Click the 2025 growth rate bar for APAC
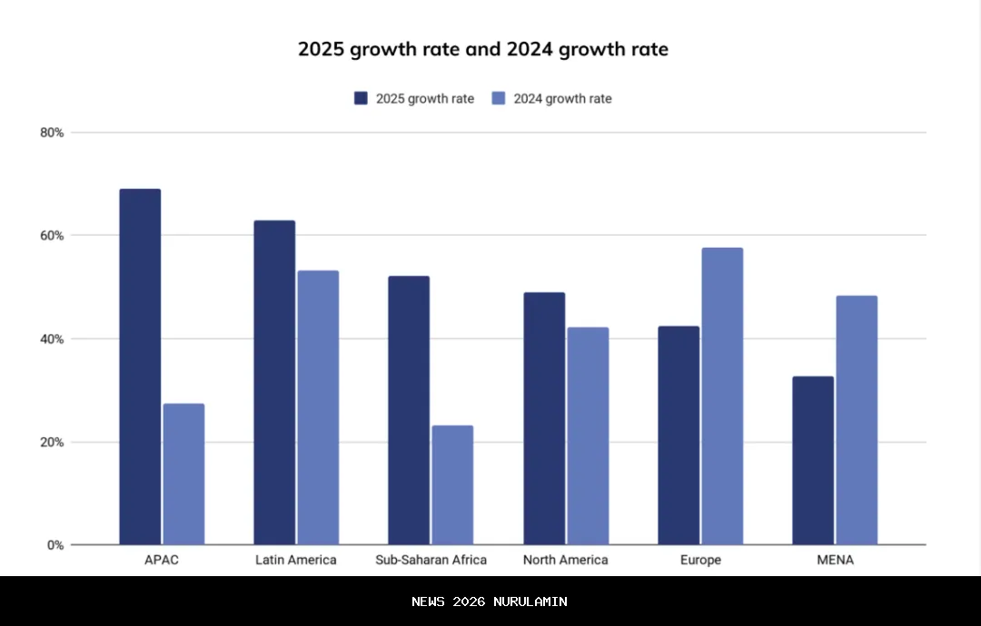[140, 367]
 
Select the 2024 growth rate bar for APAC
[183, 474]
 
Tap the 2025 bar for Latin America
[274, 382]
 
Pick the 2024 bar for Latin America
[318, 407]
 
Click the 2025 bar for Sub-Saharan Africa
[409, 410]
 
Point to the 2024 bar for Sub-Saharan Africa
[452, 484]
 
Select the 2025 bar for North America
[544, 418]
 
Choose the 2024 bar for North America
[588, 435]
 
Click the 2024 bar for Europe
[722, 396]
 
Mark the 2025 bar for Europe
[679, 435]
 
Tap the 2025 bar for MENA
[813, 460]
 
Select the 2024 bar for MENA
[857, 420]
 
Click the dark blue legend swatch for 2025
[361, 98]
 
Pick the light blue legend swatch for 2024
[499, 98]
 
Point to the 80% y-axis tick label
[52, 132]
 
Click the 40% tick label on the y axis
[52, 339]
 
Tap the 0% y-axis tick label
[55, 545]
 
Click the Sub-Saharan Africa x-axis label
[431, 560]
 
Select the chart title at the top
[483, 49]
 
